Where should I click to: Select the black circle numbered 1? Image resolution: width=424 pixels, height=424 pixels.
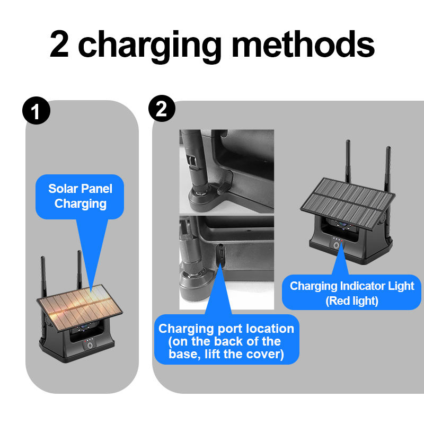point(37,112)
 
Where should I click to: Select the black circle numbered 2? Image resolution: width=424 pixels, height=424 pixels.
point(162,110)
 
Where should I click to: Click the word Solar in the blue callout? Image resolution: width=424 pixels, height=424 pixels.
point(62,189)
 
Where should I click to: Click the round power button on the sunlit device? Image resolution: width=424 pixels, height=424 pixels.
point(89,345)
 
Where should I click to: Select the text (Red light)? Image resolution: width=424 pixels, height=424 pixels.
point(352,301)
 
